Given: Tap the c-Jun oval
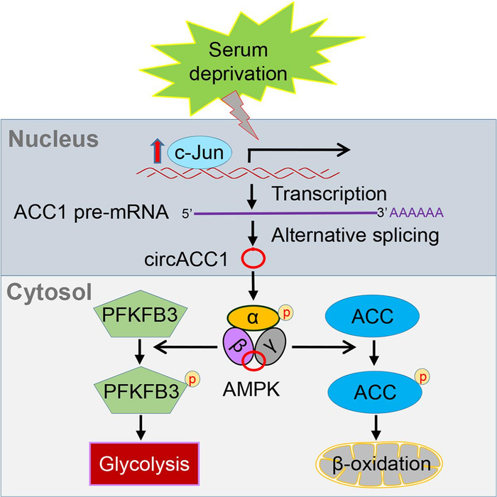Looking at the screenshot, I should pos(196,151).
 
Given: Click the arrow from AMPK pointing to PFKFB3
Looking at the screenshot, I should pos(185,347).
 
